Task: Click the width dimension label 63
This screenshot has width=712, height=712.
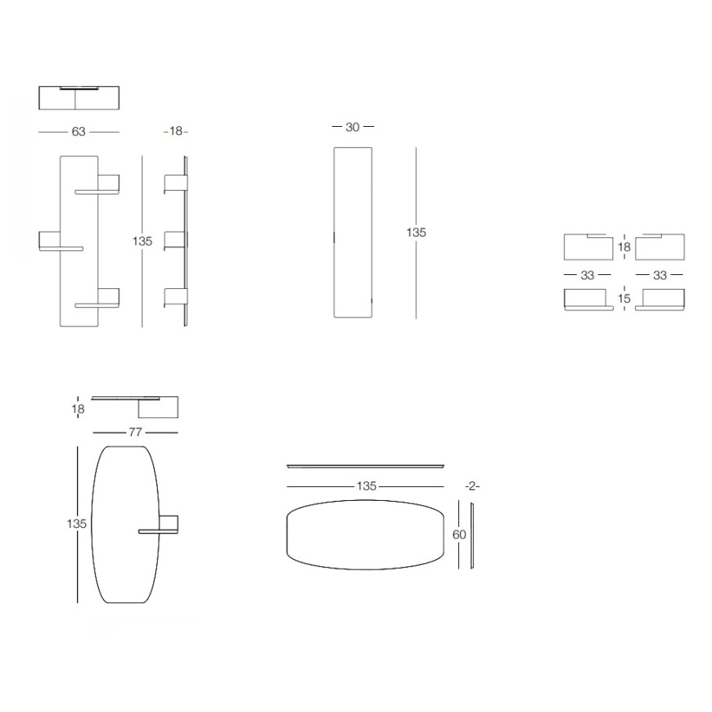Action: pos(79,132)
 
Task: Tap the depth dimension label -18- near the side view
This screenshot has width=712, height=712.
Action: pos(176,131)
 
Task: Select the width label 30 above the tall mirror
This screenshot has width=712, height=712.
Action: pos(353,127)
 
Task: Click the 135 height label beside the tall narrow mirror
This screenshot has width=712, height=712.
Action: pos(416,232)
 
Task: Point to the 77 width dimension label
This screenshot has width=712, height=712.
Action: pos(135,432)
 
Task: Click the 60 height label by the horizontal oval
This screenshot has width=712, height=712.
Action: pos(459,535)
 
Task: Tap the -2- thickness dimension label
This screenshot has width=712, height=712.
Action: pos(472,486)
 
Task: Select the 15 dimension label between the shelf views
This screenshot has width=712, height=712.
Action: pos(624,299)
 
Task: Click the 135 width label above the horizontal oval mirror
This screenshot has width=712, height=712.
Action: pos(367,486)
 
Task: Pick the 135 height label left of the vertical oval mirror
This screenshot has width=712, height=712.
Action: pos(76,524)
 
